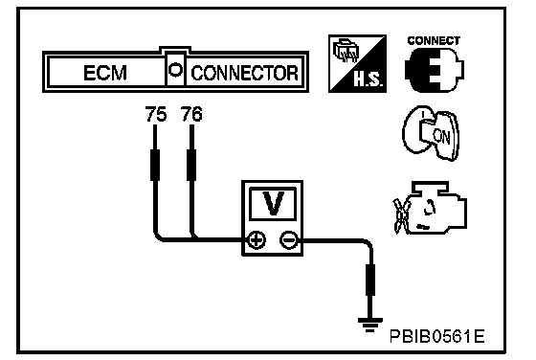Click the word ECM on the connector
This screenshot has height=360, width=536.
[105, 73]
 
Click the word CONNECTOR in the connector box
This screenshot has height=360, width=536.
[244, 73]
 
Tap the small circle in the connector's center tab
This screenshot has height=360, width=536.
[176, 70]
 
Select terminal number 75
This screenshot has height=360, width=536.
[156, 114]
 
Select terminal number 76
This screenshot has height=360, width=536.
[191, 114]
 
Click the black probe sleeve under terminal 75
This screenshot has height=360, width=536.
[155, 165]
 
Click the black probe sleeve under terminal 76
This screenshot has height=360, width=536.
[191, 165]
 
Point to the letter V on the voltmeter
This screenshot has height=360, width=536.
[273, 203]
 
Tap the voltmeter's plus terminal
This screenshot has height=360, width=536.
[257, 239]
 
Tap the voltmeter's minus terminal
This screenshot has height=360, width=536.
[289, 239]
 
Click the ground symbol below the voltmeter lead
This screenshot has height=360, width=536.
[369, 325]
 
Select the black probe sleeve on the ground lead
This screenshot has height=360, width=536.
[370, 280]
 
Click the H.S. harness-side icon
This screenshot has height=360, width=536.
[357, 63]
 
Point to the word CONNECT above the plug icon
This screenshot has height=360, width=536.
[434, 40]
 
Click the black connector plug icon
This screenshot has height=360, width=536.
[435, 70]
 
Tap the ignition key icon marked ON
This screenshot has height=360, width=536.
[432, 133]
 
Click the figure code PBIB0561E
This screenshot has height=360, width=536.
[436, 336]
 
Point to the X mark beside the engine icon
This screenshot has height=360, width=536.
[401, 215]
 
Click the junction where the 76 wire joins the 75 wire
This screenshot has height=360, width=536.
[193, 238]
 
